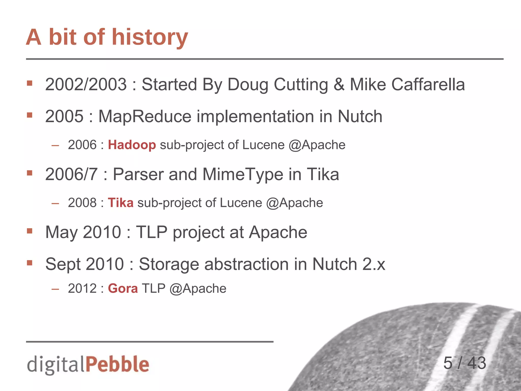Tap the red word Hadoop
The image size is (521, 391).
[132, 145]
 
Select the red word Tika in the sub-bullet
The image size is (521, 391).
[121, 203]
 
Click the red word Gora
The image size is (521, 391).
[123, 288]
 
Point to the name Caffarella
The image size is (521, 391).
[428, 85]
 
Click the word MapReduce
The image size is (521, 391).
[145, 117]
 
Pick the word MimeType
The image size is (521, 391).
[243, 175]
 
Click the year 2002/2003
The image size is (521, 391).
[86, 85]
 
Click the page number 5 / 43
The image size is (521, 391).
[465, 363]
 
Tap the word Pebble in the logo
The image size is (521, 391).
[117, 364]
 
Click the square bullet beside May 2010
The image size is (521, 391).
[30, 231]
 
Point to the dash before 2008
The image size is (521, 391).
[55, 203]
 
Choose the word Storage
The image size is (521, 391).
[169, 264]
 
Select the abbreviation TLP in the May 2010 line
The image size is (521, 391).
[152, 232]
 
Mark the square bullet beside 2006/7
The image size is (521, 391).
[30, 173]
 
